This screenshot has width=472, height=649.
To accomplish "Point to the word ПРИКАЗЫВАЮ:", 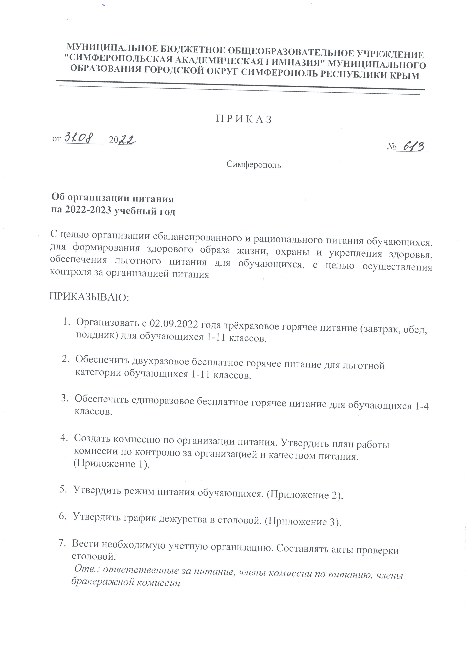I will (x=90, y=296).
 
